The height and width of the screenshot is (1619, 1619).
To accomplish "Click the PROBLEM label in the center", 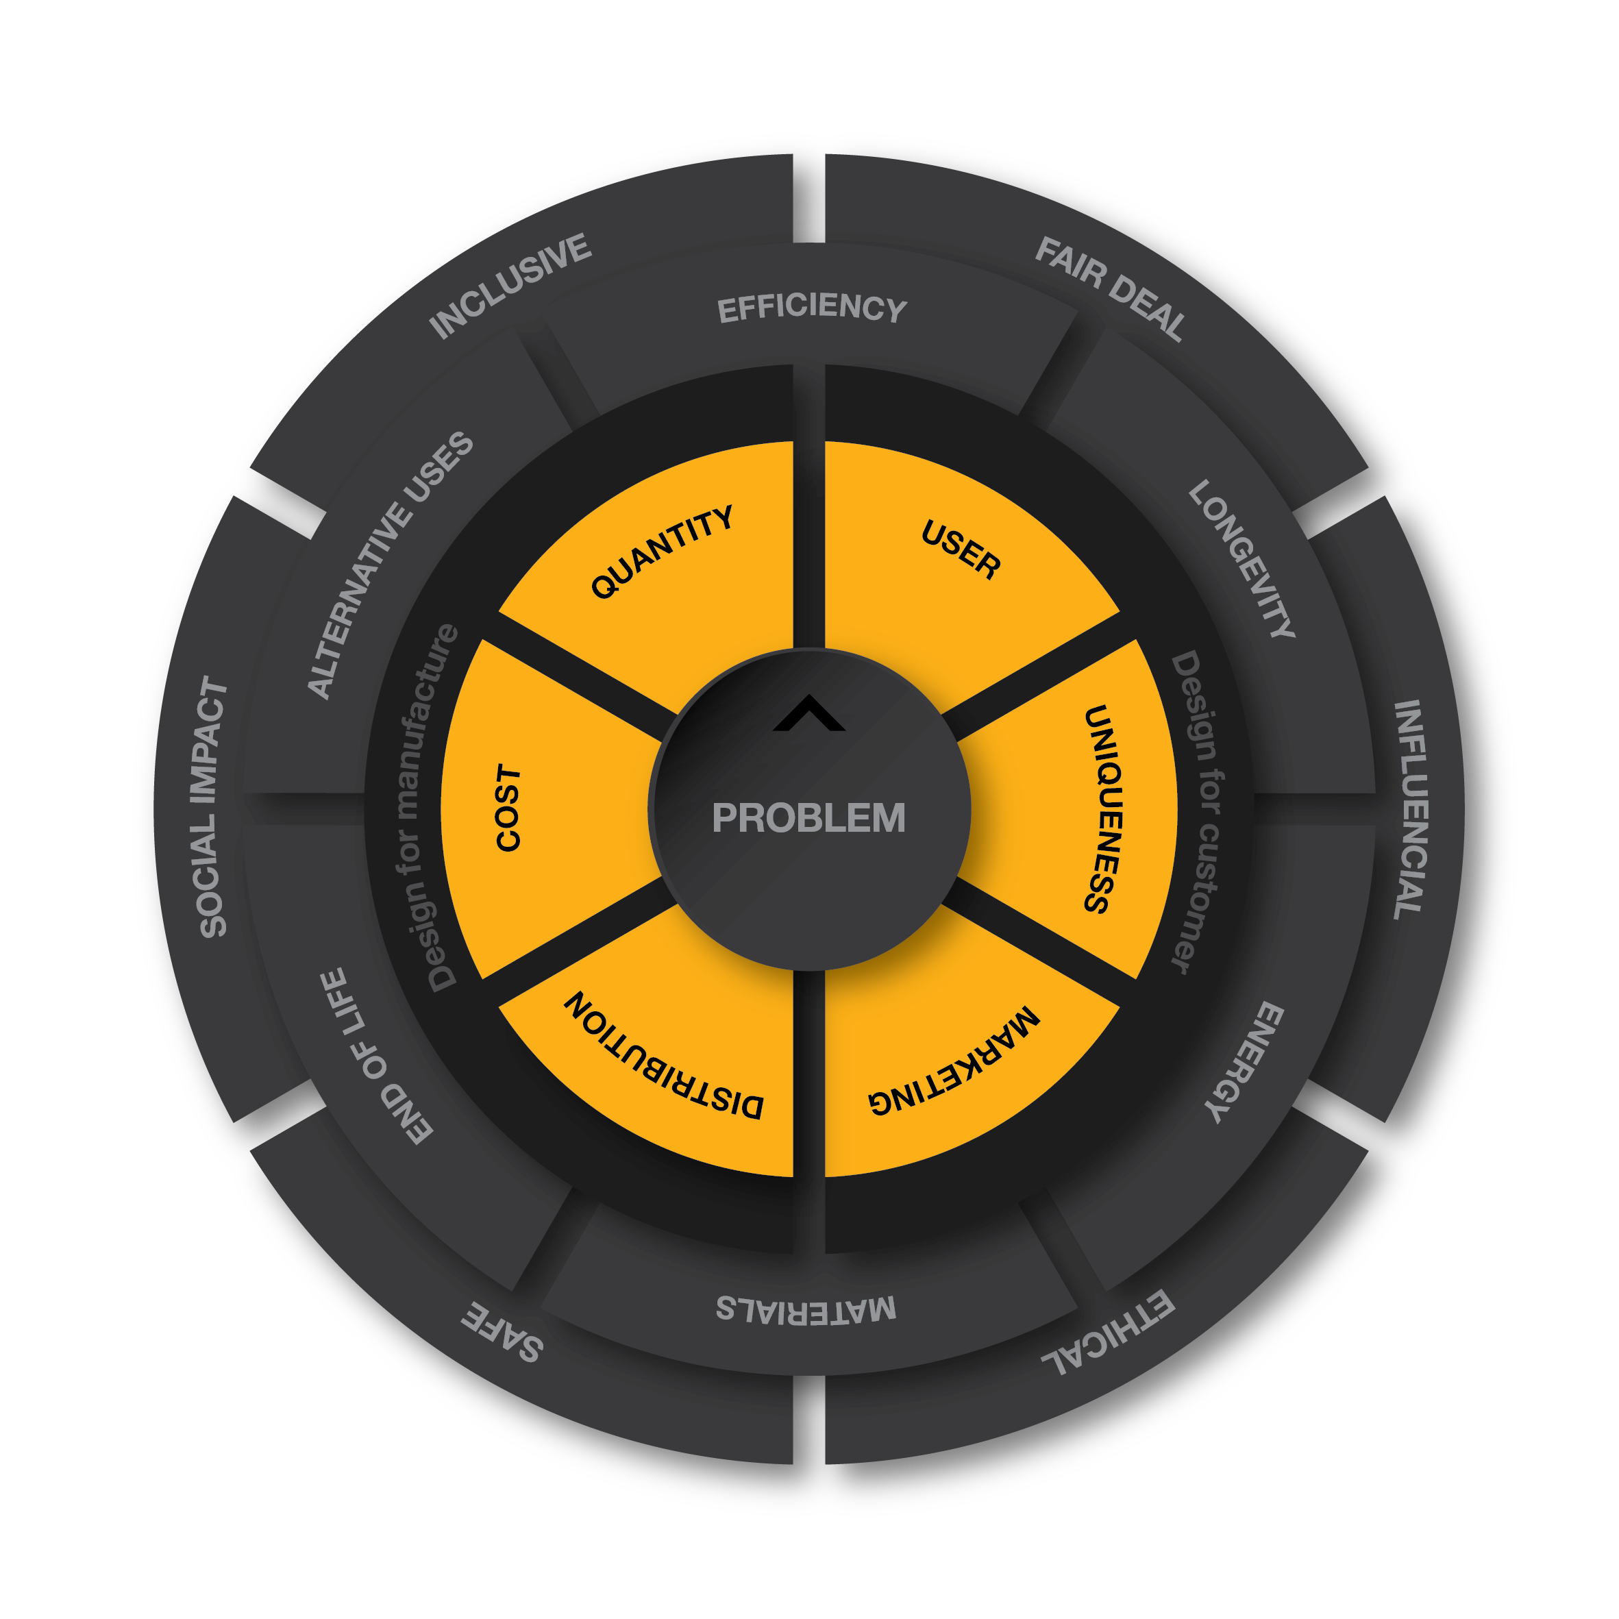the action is [x=808, y=818].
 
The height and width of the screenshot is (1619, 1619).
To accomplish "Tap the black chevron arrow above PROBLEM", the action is [x=808, y=714].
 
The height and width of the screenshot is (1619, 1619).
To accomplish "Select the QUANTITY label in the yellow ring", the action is [x=662, y=552].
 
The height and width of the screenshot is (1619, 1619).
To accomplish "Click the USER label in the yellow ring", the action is [x=961, y=549].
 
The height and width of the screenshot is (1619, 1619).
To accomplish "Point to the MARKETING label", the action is [x=954, y=1061].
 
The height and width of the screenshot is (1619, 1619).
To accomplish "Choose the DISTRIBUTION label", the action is [x=663, y=1056].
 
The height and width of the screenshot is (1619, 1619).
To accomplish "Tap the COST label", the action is [x=508, y=808].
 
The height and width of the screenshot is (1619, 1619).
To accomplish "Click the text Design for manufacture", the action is [x=428, y=808].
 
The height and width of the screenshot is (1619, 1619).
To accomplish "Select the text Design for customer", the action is [x=1197, y=812].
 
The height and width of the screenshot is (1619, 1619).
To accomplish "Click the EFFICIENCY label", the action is [x=812, y=308].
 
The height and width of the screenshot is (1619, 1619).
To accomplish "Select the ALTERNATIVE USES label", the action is [x=391, y=565].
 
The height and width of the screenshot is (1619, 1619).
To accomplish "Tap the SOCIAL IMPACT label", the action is [x=214, y=808].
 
